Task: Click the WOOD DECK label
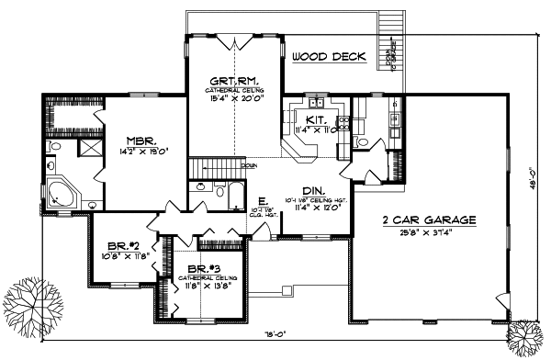329,57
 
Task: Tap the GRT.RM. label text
235,82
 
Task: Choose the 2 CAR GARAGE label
430,220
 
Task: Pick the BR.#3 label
197,267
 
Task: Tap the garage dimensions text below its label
430,232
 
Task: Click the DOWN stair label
248,166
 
